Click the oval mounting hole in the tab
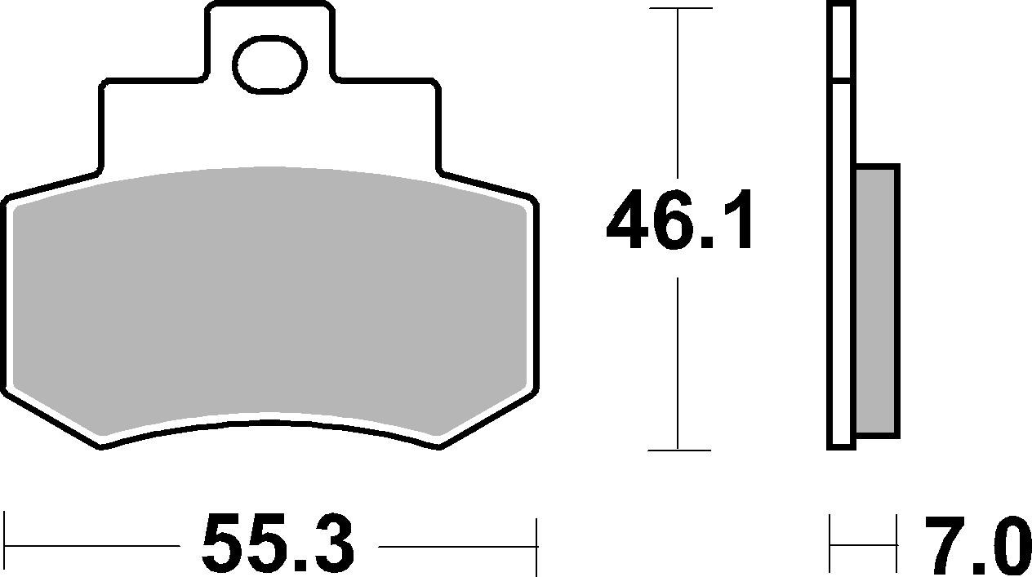[x=269, y=64]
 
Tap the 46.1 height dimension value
[x=679, y=220]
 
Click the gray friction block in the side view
[x=877, y=300]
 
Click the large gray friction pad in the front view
[x=269, y=302]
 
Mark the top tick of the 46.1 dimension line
[x=678, y=9]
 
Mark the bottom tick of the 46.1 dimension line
[x=678, y=450]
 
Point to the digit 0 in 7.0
[x=1003, y=545]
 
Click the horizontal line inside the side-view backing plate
[x=841, y=80]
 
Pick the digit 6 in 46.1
[x=681, y=220]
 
